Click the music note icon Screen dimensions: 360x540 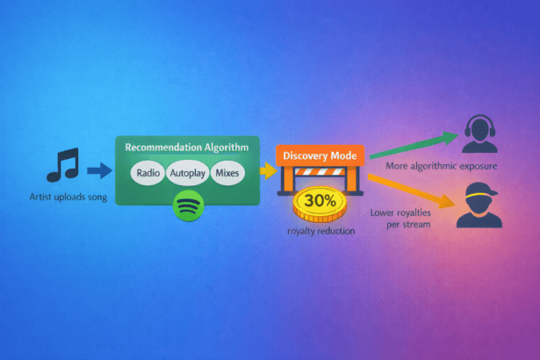62,165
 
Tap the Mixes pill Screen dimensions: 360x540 226,173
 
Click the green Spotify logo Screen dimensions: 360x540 188,207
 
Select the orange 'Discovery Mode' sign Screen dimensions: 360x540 319,156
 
